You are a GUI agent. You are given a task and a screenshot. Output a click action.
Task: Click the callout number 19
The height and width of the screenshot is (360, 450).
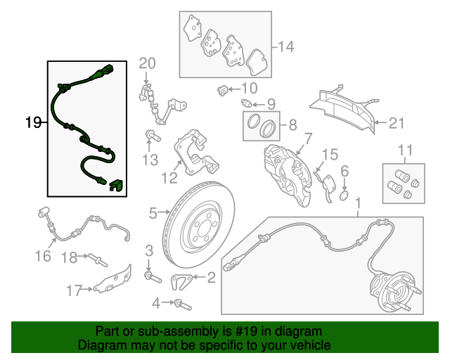tap(33, 122)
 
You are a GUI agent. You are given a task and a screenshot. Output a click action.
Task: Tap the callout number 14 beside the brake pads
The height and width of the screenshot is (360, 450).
tap(286, 46)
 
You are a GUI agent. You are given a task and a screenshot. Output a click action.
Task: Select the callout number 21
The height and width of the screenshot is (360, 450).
tap(397, 123)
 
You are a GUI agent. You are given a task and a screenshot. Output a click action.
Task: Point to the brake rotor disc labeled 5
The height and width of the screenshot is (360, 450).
tap(198, 221)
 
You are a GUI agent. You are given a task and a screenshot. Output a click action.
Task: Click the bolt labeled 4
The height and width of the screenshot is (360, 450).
tap(182, 304)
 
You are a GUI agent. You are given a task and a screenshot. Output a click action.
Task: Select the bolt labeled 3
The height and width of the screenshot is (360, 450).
tap(153, 277)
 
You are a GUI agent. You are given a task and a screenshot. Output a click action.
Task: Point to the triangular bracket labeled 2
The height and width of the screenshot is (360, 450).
tap(181, 282)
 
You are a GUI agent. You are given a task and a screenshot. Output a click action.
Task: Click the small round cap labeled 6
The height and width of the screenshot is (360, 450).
tap(344, 195)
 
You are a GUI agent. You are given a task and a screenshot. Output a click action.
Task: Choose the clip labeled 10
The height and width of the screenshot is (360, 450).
tap(222, 91)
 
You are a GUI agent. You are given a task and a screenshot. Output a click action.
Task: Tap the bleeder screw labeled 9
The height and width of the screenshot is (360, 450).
tap(246, 103)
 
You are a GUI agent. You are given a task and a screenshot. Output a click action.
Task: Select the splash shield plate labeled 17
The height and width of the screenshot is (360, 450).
tap(113, 281)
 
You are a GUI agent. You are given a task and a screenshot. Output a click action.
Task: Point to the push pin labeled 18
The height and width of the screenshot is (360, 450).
tap(98, 260)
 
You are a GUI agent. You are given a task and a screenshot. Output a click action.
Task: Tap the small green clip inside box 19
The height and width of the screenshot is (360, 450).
tap(115, 185)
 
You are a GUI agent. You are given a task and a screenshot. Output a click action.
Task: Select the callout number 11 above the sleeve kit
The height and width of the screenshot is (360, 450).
tap(406, 150)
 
